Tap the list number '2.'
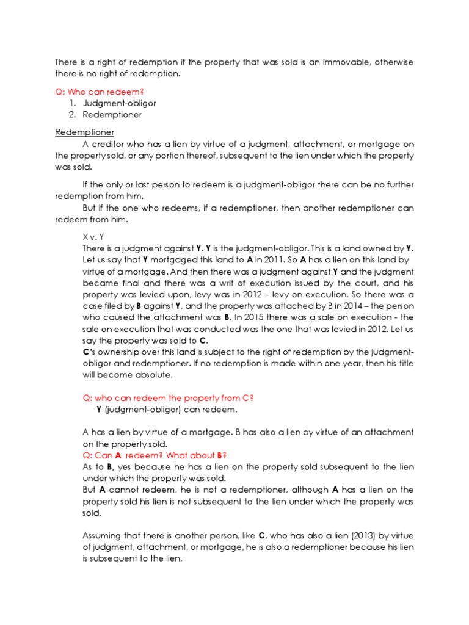[x=73, y=114]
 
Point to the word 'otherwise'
[x=391, y=62]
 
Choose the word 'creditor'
[x=112, y=144]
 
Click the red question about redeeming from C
[x=168, y=398]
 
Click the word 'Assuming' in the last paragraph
[x=103, y=536]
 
